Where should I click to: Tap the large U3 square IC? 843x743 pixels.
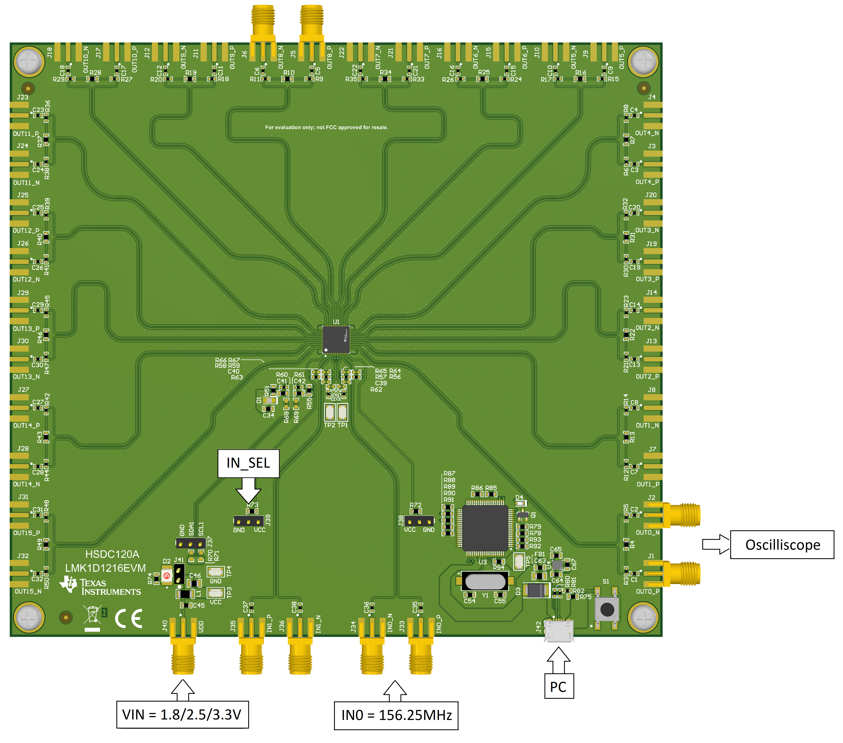click(485, 528)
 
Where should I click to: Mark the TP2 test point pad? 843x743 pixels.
click(329, 411)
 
